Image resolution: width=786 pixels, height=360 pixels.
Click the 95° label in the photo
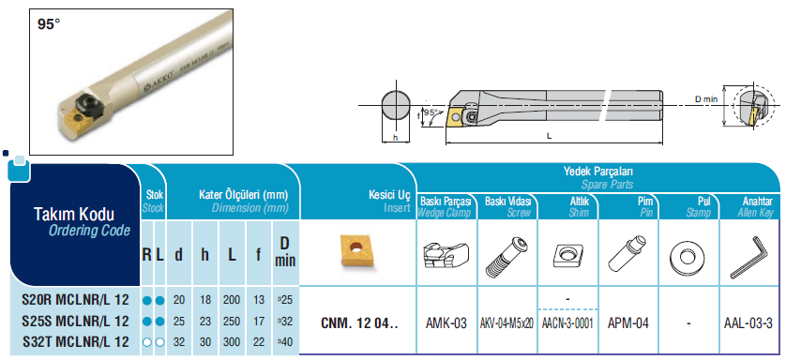pos(49,24)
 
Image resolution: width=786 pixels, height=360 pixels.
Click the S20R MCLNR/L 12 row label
pos(76,300)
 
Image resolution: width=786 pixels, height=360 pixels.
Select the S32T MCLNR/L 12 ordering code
pos(76,342)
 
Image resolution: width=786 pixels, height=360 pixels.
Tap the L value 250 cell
pos(232,322)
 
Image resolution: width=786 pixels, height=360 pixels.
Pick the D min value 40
pos(284,343)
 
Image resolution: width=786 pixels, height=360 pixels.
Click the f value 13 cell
pos(259,300)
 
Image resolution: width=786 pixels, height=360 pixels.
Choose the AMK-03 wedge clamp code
pos(446,323)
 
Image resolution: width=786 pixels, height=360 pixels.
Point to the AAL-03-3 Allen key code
pos(748,323)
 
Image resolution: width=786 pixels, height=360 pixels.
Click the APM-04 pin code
pos(628,323)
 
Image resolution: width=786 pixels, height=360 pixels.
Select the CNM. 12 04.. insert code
pos(359,323)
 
